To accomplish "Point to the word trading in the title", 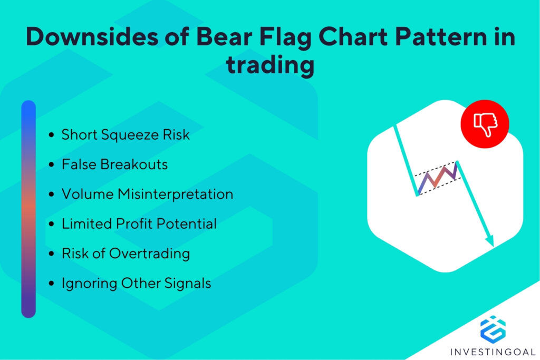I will (270, 67).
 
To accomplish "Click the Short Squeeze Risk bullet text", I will (126, 135).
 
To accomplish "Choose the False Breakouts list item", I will (114, 164).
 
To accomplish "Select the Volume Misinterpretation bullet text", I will (147, 194).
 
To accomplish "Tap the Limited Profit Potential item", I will (139, 223).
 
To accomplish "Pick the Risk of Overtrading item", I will (126, 254).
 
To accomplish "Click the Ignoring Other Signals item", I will (136, 283).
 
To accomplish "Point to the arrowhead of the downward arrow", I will (490, 241).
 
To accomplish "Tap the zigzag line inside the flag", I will (437, 178).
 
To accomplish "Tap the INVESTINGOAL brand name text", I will (493, 351).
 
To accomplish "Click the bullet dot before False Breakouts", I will (51, 165).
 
